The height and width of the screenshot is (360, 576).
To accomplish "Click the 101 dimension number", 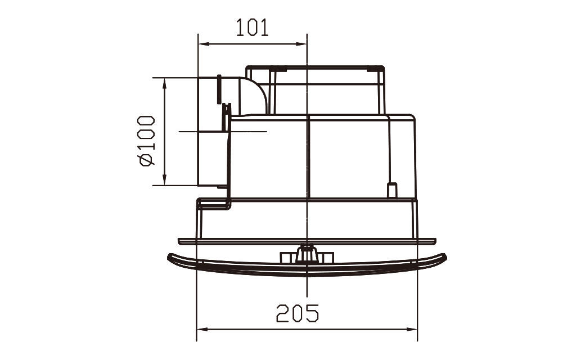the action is (x=252, y=28).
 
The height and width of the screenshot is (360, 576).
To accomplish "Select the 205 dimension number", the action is (x=298, y=313).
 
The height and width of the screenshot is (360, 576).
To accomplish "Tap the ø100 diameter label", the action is (x=147, y=141).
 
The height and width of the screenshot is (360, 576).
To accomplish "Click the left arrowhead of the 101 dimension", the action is (x=204, y=44).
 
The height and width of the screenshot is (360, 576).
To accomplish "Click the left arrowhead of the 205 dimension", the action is (x=202, y=329).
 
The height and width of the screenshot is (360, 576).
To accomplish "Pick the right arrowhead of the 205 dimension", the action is (x=412, y=329).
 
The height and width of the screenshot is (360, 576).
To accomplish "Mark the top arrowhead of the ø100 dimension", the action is (x=165, y=83).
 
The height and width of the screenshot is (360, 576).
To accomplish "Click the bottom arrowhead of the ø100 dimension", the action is (x=165, y=180).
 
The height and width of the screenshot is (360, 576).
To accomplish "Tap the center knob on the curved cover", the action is (x=307, y=254).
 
